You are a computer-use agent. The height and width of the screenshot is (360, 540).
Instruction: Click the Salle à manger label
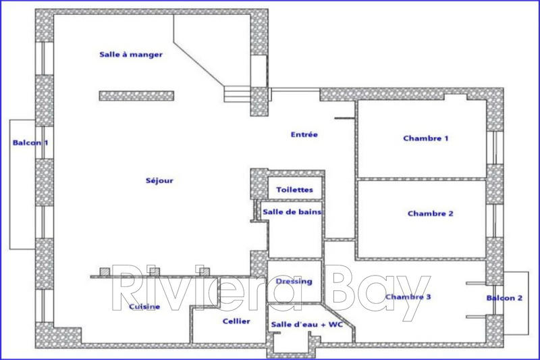[130, 55]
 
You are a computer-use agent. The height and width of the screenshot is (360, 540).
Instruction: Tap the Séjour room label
[159, 180]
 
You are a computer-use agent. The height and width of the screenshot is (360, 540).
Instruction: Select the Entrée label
[304, 134]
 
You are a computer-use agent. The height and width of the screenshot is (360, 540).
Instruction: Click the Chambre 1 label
[426, 138]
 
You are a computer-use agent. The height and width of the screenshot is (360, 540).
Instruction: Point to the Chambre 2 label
[430, 213]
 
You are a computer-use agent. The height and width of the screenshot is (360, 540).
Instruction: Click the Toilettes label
[294, 190]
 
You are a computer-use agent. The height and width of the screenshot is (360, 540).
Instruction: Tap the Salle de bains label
[292, 212]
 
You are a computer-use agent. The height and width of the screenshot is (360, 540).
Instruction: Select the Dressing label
[294, 281]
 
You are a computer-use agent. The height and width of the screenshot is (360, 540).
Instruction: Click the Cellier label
[236, 322]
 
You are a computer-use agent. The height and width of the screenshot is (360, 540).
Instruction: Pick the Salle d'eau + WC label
[307, 325]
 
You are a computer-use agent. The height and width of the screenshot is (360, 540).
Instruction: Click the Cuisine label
[144, 307]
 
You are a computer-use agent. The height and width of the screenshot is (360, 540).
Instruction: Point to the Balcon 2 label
[504, 298]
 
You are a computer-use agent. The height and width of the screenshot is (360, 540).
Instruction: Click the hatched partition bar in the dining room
[137, 96]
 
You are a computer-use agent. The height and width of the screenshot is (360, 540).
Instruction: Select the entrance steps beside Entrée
[237, 94]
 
